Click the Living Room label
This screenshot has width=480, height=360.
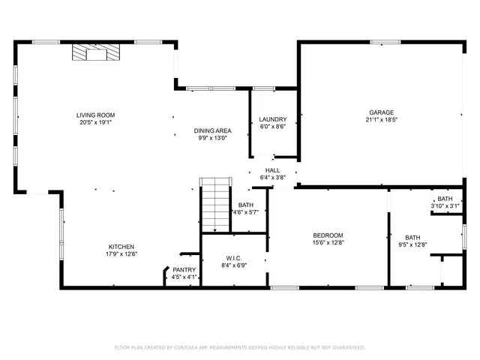(95, 115)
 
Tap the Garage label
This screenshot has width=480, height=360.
(376, 112)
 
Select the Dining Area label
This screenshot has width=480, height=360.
(212, 130)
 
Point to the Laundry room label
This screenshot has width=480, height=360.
(273, 120)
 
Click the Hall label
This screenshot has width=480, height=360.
(272, 170)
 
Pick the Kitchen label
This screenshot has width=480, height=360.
(121, 247)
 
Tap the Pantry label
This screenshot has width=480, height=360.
(184, 270)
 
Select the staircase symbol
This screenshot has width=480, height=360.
(214, 204)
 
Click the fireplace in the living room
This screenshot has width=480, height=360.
(95, 52)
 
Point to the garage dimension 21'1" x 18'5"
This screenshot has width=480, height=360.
(381, 119)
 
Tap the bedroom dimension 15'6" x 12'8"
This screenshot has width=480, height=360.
(328, 242)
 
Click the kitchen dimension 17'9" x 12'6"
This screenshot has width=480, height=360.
(121, 254)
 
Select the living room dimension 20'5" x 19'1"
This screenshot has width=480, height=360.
(95, 123)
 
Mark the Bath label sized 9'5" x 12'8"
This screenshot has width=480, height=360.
(413, 237)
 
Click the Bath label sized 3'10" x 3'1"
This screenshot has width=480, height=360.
(445, 198)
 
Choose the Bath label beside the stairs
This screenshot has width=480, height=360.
(246, 205)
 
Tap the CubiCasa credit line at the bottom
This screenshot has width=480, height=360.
(239, 347)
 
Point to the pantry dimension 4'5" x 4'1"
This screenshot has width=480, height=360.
(184, 277)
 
